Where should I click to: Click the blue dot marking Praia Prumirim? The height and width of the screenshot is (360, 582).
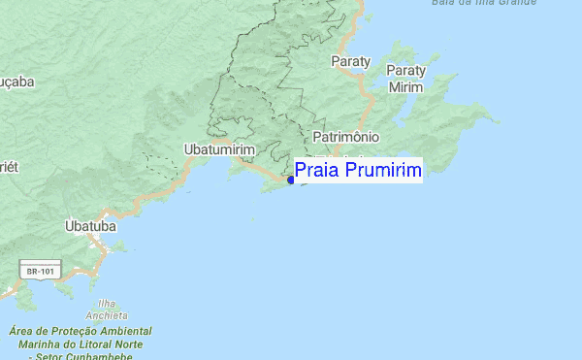pos(291,180)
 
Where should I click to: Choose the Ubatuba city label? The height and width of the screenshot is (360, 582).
pos(90,226)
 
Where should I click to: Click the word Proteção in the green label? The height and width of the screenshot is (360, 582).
pos(70,331)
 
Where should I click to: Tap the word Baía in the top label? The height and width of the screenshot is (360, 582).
pos(443,3)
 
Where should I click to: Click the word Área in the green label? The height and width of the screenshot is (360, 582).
pos(20,331)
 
